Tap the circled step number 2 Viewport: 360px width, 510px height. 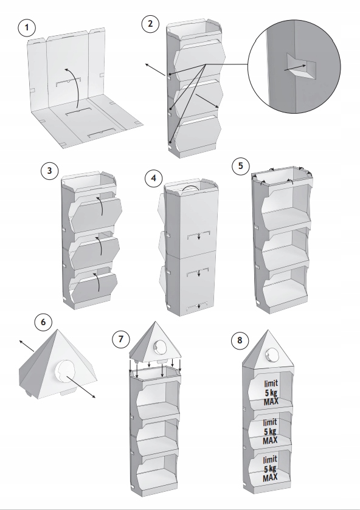point(150,24)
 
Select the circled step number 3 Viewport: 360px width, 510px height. point(49,170)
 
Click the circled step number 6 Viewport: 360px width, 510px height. point(43,322)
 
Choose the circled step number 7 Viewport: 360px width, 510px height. point(121,339)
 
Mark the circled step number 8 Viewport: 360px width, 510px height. point(240,340)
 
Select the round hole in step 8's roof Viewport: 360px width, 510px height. point(272,354)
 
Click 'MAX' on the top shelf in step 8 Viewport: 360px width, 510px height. point(271,402)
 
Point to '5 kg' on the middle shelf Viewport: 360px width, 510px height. point(270,432)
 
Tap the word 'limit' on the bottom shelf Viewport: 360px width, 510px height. point(270,460)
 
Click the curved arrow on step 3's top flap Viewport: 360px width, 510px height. point(102,205)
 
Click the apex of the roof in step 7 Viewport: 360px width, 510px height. point(155,322)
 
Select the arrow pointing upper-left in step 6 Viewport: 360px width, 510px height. point(26,346)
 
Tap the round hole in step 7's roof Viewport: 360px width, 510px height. point(160,347)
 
